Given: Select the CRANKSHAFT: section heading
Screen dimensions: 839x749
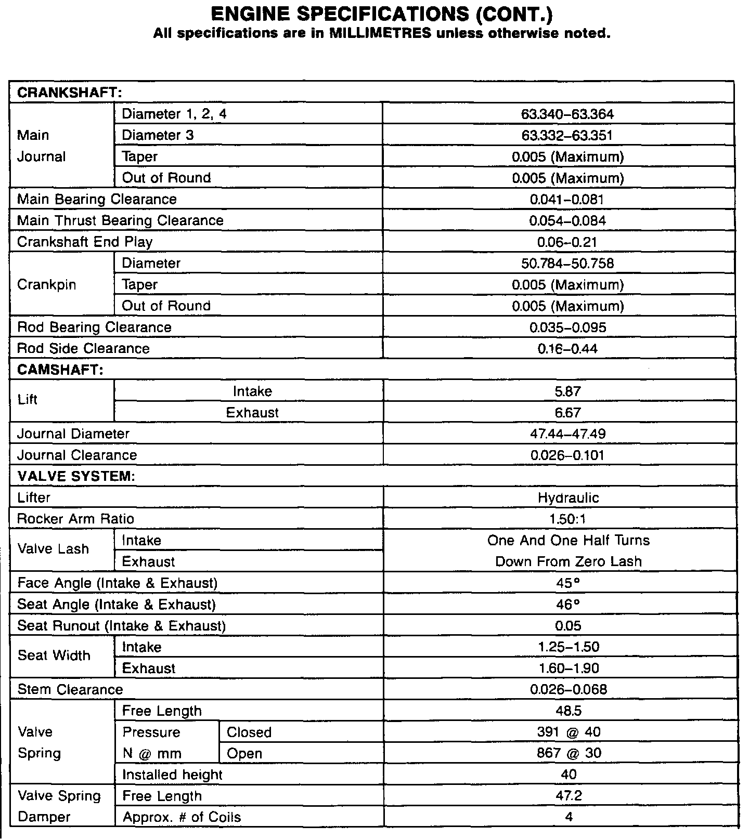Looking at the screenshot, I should pos(69,93).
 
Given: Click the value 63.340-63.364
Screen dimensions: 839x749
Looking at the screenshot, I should pos(567,114).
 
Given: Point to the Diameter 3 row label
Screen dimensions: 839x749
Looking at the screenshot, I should pos(158,135).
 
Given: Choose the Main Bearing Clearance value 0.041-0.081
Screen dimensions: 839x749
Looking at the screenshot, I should pos(567,199).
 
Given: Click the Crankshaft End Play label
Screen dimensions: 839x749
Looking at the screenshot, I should pos(85,242).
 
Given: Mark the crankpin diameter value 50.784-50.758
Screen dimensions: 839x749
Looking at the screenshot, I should pos(567,263).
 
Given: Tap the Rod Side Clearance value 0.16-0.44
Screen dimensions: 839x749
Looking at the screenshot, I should pos(567,348).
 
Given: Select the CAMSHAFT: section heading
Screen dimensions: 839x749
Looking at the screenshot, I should pos(60,370).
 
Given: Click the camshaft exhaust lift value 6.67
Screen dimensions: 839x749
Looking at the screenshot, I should pos(567,412).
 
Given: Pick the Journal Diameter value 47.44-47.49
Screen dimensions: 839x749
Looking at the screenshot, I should pos(567,434).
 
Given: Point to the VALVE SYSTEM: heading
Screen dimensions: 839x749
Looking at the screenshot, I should pos(76,476).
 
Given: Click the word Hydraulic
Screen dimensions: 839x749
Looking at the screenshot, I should pos(569,497).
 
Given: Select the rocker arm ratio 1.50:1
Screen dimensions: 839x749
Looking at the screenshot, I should pos(568,519).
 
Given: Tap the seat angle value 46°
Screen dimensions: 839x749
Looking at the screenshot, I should pos(568,604).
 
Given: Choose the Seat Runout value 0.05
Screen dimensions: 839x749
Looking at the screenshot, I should pos(568,625).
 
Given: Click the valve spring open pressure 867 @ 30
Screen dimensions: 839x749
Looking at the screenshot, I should pos(569,753).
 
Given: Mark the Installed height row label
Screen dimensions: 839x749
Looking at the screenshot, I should pos(172,775).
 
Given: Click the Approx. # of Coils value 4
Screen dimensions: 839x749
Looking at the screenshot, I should pos(569,817).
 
